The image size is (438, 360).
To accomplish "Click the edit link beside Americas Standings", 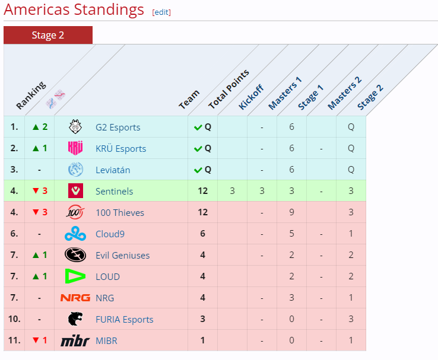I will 161,12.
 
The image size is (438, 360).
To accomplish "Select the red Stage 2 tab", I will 48,35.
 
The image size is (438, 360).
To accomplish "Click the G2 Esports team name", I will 118,127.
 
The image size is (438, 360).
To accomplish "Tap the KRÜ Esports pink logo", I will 75,148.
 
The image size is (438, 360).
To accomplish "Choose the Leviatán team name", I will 113,170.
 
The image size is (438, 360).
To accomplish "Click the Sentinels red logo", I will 75,191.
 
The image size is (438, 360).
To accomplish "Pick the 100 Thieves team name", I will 119,212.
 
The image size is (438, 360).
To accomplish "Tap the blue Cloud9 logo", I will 75,234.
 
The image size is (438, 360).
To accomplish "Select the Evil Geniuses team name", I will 122,255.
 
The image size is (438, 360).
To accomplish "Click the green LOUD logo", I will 75,276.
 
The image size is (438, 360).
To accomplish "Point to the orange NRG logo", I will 75,298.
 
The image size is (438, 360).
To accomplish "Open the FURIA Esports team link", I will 124,319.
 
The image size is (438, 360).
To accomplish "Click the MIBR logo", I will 75,340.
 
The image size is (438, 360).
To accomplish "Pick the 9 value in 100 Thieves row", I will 291,212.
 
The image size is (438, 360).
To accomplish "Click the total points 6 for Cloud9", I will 202,234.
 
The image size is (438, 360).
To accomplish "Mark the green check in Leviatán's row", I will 198,170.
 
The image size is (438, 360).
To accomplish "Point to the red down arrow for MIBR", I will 35,340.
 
